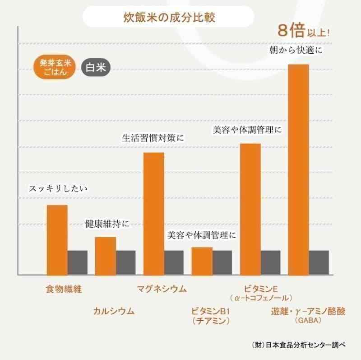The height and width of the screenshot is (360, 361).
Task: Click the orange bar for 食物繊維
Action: coord(57,239)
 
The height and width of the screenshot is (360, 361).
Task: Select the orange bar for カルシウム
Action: coord(105,255)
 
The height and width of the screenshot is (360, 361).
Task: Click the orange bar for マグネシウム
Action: coord(153,213)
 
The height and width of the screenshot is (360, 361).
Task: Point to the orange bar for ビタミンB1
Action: coord(202,261)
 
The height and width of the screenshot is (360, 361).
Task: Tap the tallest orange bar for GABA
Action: coord(298,169)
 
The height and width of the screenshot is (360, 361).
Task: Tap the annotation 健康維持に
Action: coord(107,224)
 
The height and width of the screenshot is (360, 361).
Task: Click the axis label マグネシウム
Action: coord(162,289)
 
